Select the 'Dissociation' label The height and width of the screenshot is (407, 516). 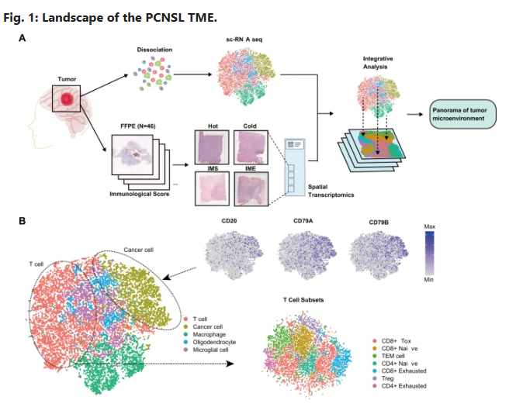pos(154,50)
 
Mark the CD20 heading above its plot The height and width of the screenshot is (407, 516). pos(230,220)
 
